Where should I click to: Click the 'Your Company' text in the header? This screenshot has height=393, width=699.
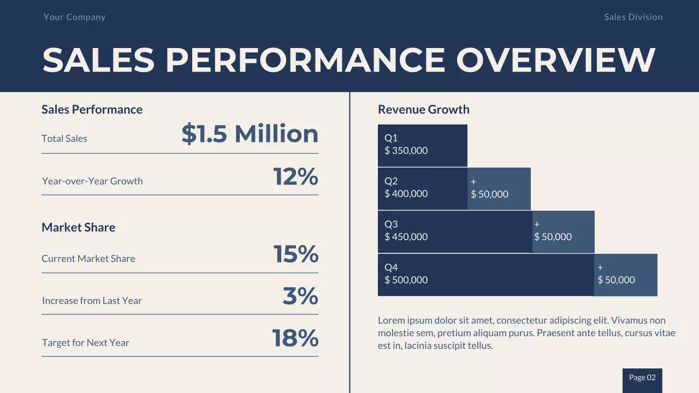(x=74, y=17)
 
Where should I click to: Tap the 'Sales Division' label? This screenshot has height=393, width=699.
(x=633, y=17)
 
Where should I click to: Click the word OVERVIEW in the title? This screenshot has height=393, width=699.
(x=555, y=59)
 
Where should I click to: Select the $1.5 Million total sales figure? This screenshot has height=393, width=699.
(x=250, y=134)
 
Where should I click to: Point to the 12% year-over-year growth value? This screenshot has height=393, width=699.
(x=295, y=177)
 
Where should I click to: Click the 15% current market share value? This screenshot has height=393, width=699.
(x=295, y=254)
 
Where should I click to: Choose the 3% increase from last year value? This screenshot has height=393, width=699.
(x=300, y=296)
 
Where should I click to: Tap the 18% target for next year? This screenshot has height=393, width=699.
(x=295, y=338)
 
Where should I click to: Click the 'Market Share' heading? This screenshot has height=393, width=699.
(x=78, y=227)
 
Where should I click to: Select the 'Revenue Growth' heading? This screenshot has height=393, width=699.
(x=423, y=109)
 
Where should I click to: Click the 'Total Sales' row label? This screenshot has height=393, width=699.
(x=64, y=139)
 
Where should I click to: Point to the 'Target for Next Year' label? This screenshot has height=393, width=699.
(x=86, y=343)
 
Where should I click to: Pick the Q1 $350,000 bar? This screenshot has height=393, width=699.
(x=422, y=145)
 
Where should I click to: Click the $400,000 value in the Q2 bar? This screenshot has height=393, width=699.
(x=406, y=194)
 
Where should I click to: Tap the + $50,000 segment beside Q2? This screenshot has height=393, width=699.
(x=499, y=189)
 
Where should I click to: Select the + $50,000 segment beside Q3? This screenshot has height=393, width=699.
(x=562, y=231)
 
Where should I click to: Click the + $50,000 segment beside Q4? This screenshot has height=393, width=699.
(x=625, y=275)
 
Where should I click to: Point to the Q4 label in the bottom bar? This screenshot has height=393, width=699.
(x=391, y=267)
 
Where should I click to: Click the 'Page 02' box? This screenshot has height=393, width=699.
(x=642, y=378)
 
